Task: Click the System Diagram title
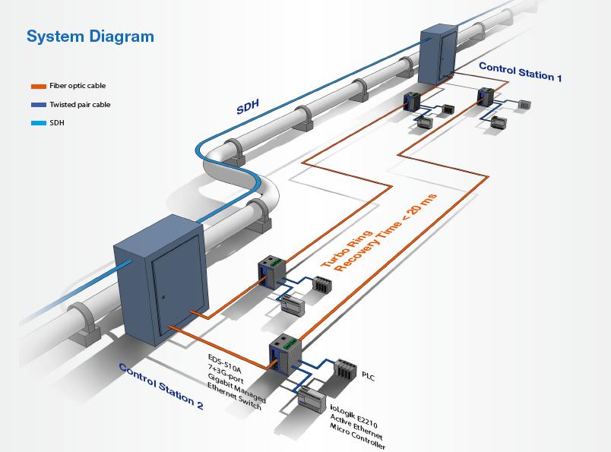[90, 36]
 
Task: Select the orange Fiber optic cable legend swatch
[38, 87]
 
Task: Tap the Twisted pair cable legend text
[80, 105]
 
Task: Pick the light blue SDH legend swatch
[38, 122]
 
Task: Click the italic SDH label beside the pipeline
[248, 107]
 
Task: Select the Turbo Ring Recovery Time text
[378, 234]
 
